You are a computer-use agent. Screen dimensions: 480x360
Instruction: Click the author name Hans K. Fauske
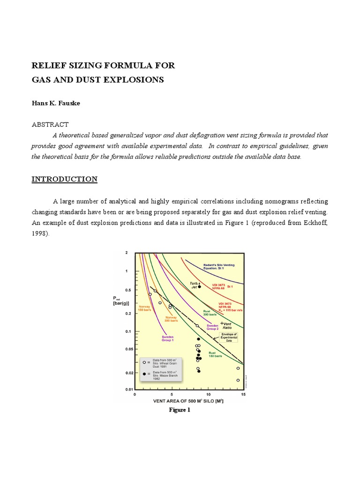(56, 103)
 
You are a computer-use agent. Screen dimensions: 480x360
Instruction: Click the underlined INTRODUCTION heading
(64, 180)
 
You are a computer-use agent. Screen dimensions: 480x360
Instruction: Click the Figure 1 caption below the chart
(180, 410)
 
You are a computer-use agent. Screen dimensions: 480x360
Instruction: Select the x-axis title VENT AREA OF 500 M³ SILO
(188, 402)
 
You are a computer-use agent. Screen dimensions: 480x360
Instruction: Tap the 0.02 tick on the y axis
(126, 373)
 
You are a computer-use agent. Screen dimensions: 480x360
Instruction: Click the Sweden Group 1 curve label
(168, 338)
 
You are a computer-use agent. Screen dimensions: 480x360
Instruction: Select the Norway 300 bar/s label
(171, 319)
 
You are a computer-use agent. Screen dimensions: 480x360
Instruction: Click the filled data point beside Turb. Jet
(199, 286)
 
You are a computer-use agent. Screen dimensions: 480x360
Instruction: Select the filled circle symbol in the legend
(144, 374)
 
